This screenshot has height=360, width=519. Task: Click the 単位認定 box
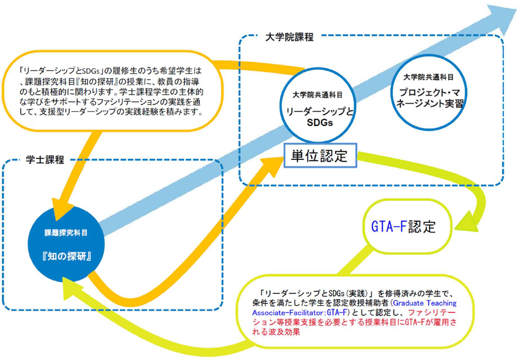click(x=320, y=155)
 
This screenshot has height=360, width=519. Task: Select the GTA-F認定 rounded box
click(x=404, y=227)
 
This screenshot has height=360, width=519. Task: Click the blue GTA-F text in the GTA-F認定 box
click(x=389, y=227)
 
